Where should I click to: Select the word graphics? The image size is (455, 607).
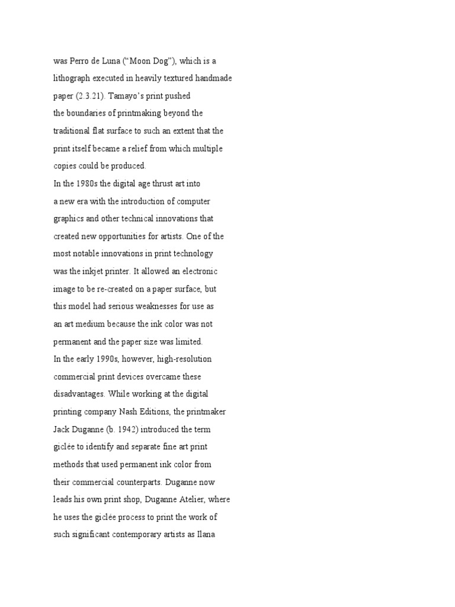tap(68, 218)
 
